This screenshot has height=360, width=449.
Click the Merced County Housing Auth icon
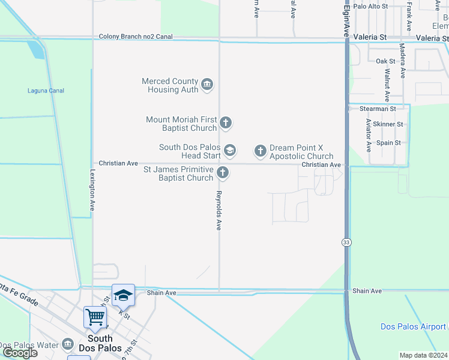tap(207, 84)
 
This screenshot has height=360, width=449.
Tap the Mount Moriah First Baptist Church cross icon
tap(226, 124)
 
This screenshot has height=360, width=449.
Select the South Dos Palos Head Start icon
tap(229, 149)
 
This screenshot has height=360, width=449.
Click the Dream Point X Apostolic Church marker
tap(260, 151)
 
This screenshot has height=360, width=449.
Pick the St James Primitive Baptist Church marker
tap(223, 173)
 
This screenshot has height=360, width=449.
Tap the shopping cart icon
tap(95, 317)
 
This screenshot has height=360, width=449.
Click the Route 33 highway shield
tap(347, 242)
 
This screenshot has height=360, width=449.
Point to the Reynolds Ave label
tap(219, 211)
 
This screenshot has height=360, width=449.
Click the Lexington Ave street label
tap(92, 189)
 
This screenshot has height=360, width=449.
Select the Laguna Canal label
tap(46, 91)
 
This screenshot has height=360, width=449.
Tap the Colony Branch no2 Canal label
tap(136, 37)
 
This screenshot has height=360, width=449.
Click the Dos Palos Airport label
tap(413, 326)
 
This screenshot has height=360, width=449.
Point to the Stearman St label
tap(378, 109)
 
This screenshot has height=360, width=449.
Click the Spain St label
tap(388, 143)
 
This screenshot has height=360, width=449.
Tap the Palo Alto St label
tap(371, 6)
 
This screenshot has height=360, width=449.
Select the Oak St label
tap(385, 61)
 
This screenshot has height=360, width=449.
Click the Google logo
tap(20, 353)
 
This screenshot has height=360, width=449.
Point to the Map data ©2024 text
tap(423, 355)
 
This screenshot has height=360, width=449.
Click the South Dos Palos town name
tap(100, 343)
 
